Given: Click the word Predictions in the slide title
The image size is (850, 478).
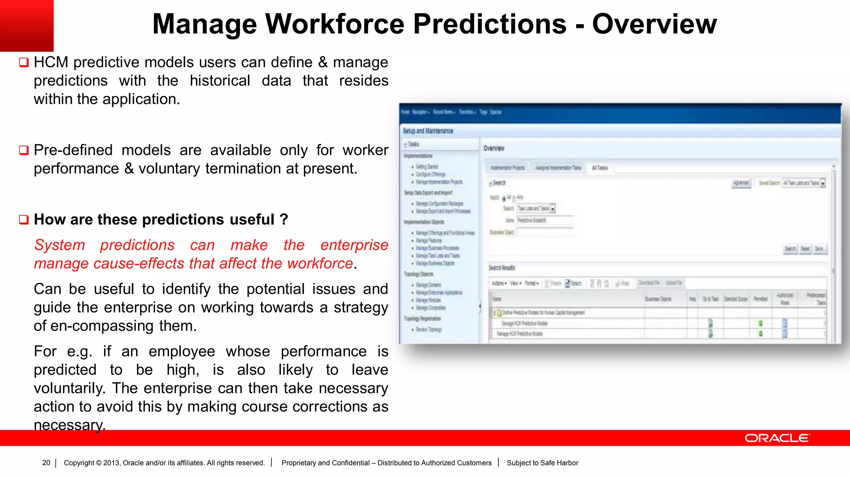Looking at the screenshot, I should click(490, 24).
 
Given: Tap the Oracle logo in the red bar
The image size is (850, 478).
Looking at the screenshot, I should click(777, 438).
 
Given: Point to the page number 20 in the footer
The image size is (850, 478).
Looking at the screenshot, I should click(46, 463).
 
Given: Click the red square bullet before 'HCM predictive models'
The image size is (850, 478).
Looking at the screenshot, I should click(24, 63).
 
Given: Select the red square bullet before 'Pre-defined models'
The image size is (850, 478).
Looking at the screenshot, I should click(24, 150).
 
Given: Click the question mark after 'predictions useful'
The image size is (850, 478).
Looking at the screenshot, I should click(284, 219).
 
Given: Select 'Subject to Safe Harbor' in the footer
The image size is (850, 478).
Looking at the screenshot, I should click(542, 463).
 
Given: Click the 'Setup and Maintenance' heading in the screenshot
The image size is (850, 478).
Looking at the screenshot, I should click(427, 131).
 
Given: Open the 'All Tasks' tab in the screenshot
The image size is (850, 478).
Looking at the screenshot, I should click(599, 168).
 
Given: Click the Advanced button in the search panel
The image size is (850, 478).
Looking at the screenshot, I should click(741, 183).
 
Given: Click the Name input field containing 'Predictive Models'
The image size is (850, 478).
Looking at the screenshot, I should click(545, 220).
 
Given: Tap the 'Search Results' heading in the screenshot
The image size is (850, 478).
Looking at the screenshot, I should click(501, 268).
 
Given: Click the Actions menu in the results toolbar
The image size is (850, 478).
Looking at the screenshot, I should click(499, 283).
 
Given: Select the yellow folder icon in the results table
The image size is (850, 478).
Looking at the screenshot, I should click(499, 312).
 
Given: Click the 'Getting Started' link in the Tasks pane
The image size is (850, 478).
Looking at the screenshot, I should click(427, 166).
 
